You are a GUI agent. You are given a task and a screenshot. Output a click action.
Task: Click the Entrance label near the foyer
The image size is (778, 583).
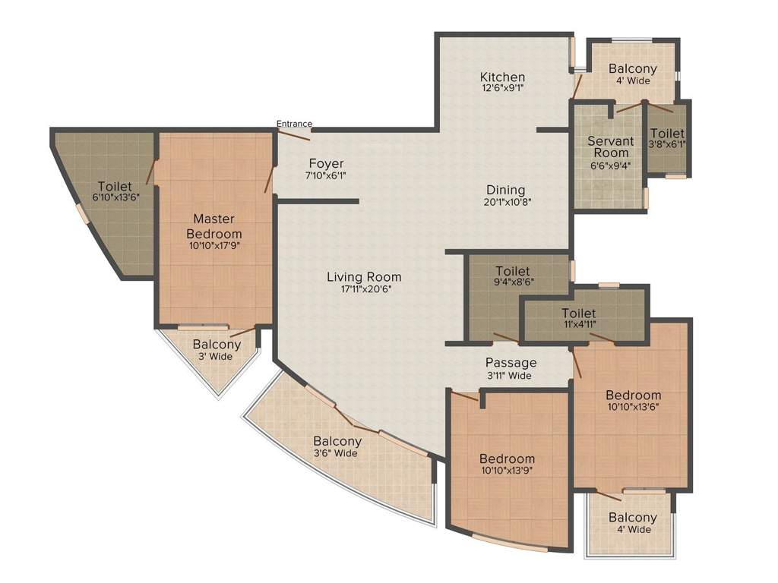pyautogui.click(x=294, y=124)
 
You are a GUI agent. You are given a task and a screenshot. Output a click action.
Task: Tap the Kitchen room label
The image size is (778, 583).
pyautogui.click(x=502, y=77)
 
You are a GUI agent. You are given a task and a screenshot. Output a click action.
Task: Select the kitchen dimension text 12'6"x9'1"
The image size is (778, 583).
pyautogui.click(x=502, y=87)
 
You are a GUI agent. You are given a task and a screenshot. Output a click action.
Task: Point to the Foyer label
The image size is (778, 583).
pyautogui.click(x=326, y=163)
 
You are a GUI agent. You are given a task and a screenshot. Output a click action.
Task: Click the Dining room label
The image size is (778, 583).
pyautogui.click(x=506, y=190)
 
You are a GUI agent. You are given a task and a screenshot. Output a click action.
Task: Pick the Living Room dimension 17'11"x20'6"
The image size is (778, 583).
pyautogui.click(x=364, y=288)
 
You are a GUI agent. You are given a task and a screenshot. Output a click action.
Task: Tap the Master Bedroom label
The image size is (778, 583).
pyautogui.click(x=217, y=226)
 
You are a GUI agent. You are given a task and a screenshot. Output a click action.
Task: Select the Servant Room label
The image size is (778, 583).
pyautogui.click(x=610, y=147)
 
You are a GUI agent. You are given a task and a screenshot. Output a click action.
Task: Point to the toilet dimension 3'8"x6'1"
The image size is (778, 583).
pyautogui.click(x=667, y=143)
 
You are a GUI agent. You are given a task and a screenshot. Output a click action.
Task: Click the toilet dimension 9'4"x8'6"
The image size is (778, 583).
pyautogui.click(x=512, y=282)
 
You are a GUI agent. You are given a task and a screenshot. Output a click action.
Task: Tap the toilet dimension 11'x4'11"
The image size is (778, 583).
pyautogui.click(x=578, y=324)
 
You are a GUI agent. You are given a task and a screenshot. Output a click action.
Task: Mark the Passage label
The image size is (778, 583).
pyautogui.click(x=511, y=363)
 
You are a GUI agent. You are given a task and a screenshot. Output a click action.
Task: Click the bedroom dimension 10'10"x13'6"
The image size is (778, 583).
pyautogui.click(x=633, y=406)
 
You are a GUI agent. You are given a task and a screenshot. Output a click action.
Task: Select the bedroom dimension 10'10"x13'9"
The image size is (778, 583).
pyautogui.click(x=507, y=470)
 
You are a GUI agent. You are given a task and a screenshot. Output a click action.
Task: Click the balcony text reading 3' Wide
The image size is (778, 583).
pyautogui.click(x=217, y=356)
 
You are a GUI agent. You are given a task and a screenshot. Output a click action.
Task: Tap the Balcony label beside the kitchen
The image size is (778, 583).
pyautogui.click(x=633, y=69)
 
